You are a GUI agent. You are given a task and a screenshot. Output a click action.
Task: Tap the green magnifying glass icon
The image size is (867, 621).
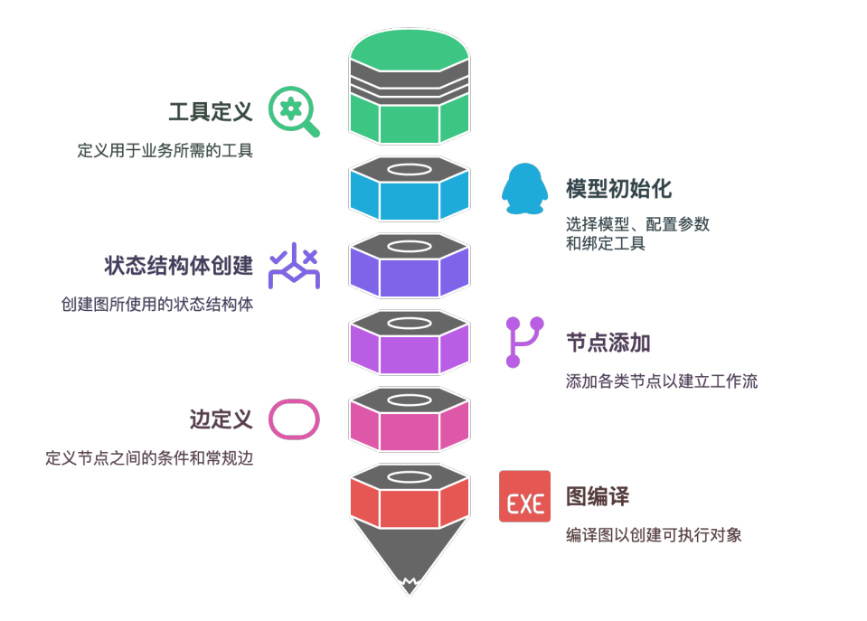[294, 112]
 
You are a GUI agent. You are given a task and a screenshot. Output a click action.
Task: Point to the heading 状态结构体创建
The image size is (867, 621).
[178, 266]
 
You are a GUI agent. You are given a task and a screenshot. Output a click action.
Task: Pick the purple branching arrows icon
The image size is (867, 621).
[295, 267]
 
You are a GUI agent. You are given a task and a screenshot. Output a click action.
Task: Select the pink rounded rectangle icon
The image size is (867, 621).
[295, 419]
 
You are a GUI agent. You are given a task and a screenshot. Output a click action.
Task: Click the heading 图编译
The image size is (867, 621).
[597, 496]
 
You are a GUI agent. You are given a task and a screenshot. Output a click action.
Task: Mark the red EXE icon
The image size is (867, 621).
[524, 496]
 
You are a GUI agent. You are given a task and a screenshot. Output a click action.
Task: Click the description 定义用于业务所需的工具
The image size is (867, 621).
[165, 150]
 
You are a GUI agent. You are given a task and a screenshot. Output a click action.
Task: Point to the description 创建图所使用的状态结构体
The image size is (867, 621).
[157, 305]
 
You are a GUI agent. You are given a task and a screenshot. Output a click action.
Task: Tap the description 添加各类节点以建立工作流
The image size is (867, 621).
[662, 381]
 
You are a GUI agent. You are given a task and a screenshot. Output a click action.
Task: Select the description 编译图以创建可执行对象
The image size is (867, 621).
[654, 534]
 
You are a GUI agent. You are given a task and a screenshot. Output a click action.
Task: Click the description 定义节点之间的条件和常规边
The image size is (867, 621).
[149, 458]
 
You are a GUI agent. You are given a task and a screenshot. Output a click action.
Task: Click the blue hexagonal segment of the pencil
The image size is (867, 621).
[410, 195]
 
